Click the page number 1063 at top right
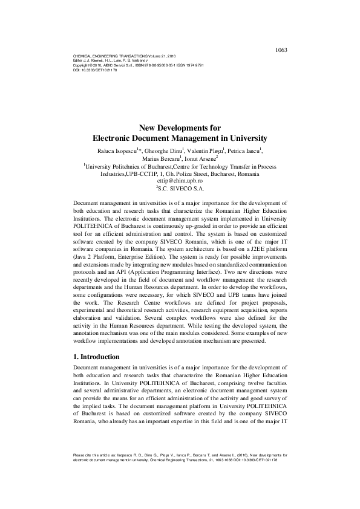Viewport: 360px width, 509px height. click(x=281, y=50)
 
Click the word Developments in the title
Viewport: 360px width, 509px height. click(x=181, y=128)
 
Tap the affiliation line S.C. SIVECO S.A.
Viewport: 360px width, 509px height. click(x=180, y=188)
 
